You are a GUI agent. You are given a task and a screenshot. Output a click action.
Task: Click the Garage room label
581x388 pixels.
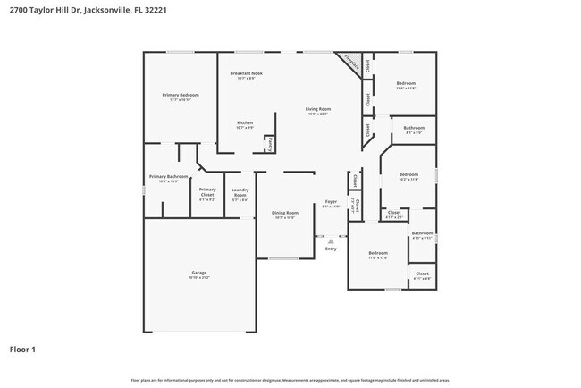(199, 274)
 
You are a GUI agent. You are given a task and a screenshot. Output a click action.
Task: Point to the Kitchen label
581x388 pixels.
(245, 124)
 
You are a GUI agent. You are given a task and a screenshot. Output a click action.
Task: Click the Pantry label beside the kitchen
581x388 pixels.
(269, 143)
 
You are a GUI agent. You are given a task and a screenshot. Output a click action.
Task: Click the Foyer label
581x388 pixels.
(331, 204)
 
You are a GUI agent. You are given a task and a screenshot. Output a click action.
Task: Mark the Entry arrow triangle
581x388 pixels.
(331, 240)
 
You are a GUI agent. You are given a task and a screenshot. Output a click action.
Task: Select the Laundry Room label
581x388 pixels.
(240, 191)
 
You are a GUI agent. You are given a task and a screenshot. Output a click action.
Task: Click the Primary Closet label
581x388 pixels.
(207, 191)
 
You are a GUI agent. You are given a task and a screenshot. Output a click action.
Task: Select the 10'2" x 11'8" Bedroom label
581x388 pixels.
(408, 176)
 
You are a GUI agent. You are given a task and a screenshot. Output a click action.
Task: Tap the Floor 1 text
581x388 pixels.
(22, 349)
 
